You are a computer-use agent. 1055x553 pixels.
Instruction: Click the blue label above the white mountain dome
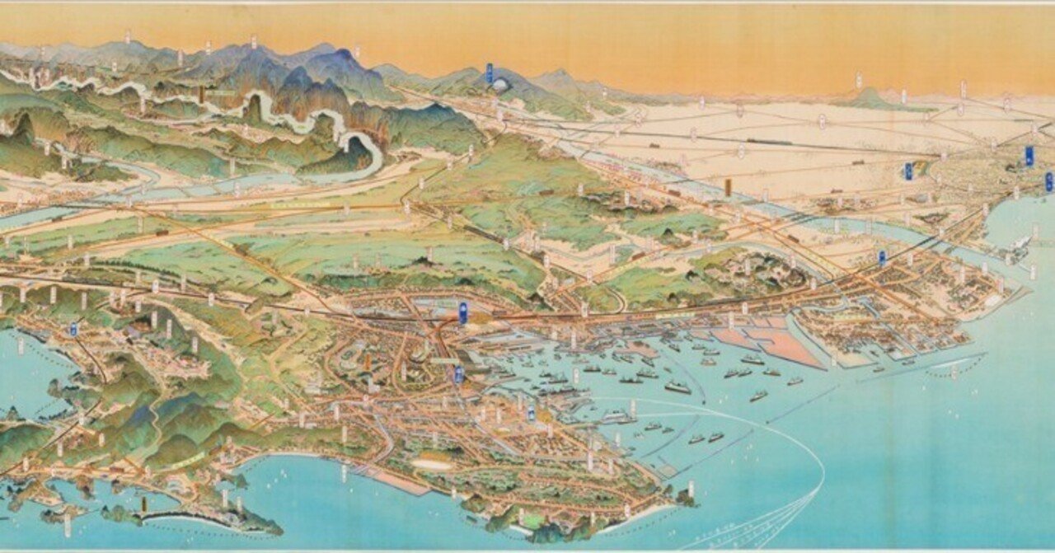tap(489, 73)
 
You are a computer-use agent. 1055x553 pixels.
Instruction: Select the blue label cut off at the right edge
tap(1049, 182)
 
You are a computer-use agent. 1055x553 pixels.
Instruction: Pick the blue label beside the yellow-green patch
tap(908, 171)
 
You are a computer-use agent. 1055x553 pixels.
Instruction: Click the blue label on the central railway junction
tap(462, 312)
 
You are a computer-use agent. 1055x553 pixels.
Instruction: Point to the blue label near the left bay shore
tap(73, 329)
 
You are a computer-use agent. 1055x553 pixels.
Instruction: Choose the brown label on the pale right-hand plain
tap(728, 187)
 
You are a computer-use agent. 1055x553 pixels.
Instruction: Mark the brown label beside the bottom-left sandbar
tap(143, 503)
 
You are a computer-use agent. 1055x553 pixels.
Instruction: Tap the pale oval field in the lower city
tap(432, 464)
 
